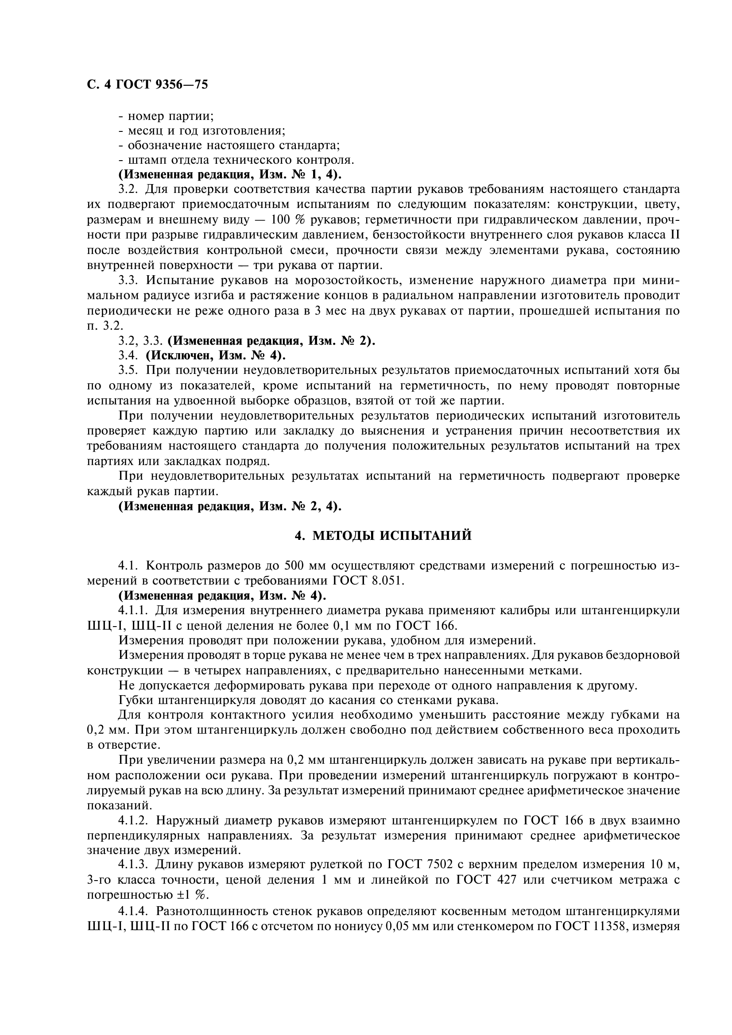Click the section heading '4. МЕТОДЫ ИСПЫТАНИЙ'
click(383, 535)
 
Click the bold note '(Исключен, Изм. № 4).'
click(216, 355)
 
